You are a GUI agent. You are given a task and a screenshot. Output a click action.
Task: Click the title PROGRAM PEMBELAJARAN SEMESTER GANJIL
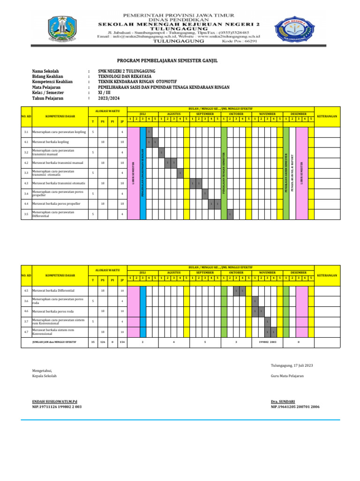pos(167,61)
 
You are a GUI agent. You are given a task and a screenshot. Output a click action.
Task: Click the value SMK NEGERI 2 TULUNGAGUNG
pos(123,71)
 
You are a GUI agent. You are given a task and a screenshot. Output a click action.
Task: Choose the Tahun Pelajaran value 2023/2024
pos(108,99)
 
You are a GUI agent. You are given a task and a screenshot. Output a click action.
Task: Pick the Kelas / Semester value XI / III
pos(105,93)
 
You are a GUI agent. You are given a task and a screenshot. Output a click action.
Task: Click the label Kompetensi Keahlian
pos(52,82)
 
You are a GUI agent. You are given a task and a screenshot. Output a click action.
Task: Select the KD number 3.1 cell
pos(26,132)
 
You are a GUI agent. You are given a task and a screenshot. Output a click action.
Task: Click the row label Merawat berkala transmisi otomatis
pos(59,183)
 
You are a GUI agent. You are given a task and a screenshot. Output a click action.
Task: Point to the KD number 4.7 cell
pos(26,332)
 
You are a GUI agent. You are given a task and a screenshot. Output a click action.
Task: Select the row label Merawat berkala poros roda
pos(53,311)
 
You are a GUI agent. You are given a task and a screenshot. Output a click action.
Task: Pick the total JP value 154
pos(121,342)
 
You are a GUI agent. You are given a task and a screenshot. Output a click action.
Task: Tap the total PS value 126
pos(102,342)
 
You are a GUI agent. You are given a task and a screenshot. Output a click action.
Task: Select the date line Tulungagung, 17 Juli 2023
pos(292,365)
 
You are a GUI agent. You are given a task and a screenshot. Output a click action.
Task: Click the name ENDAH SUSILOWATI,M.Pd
pos(54,402)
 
